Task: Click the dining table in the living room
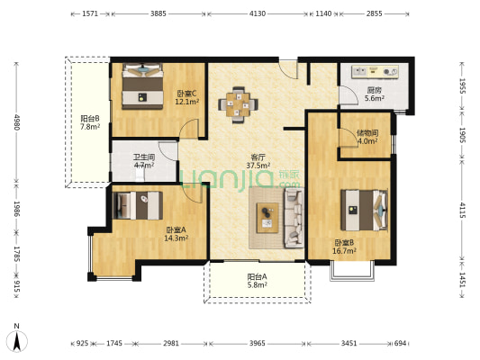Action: [x=238, y=104]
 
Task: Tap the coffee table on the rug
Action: [x=267, y=218]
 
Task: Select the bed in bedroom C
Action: [x=142, y=85]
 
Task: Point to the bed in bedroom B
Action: [x=364, y=210]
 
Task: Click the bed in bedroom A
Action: [x=138, y=205]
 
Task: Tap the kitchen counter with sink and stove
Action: [x=375, y=72]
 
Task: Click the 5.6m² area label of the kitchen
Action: [x=375, y=98]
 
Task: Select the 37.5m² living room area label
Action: [x=258, y=166]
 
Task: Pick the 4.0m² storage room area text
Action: [x=367, y=141]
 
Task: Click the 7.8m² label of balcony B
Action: [x=90, y=127]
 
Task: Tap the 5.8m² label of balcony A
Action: [x=258, y=285]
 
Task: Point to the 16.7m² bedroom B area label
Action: [x=344, y=251]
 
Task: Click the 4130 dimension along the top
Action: [x=258, y=13]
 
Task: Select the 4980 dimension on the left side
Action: [x=16, y=122]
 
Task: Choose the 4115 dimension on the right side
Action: [x=462, y=210]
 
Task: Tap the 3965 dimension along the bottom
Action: [x=258, y=343]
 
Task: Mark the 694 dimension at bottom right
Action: [x=400, y=343]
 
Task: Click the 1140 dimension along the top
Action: [x=323, y=13]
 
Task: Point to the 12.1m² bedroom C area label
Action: [x=187, y=102]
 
